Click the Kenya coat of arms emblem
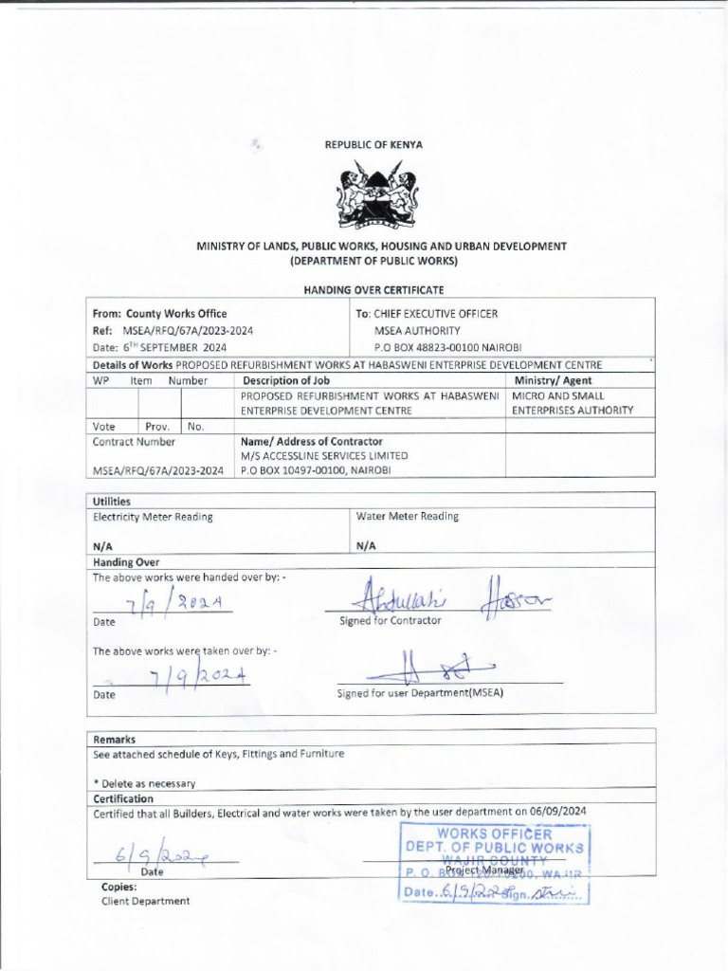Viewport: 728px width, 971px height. click(376, 196)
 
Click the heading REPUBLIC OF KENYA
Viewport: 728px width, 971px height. click(374, 145)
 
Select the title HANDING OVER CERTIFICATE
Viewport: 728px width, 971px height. click(373, 288)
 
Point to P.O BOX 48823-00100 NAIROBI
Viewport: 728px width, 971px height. click(448, 347)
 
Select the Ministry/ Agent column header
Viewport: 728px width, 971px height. click(552, 380)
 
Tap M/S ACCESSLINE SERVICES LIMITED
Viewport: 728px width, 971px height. click(322, 456)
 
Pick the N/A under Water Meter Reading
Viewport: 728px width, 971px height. click(366, 547)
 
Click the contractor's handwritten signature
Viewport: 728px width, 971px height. click(446, 598)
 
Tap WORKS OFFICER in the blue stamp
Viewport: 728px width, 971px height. click(494, 834)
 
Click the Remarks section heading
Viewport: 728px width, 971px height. click(114, 739)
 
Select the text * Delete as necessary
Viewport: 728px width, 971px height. click(144, 783)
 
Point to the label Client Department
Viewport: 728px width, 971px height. click(145, 901)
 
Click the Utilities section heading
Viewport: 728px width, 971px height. click(112, 501)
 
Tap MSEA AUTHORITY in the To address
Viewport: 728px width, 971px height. click(417, 330)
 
